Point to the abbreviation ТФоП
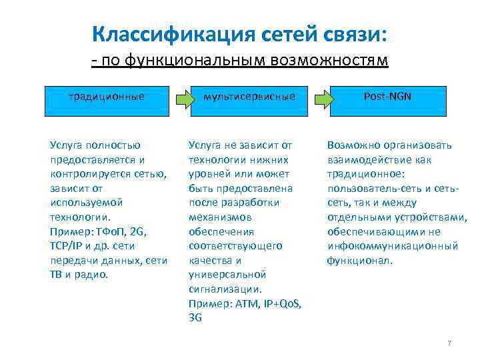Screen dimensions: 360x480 tap(106, 231)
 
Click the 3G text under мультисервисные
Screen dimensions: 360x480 tap(195, 318)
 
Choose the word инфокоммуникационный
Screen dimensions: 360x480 tap(392, 246)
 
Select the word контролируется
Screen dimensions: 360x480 tap(88, 174)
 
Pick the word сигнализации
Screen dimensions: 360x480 tap(225, 289)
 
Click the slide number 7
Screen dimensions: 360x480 tap(449, 343)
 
